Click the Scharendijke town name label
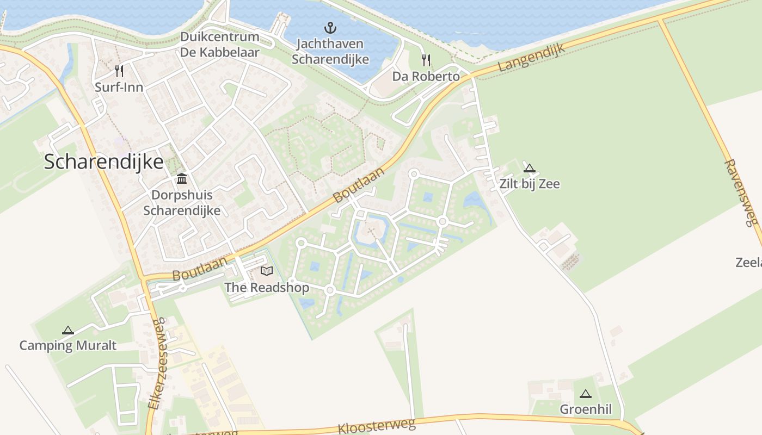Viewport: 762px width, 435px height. pyautogui.click(x=103, y=162)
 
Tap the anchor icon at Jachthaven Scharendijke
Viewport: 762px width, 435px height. pyautogui.click(x=330, y=28)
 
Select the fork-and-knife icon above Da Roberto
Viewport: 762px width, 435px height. pyautogui.click(x=426, y=60)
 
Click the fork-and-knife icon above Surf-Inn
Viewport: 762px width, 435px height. pyautogui.click(x=119, y=71)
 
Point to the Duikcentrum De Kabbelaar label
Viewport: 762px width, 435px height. pyautogui.click(x=220, y=45)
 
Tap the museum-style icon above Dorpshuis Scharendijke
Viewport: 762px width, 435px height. pyautogui.click(x=182, y=179)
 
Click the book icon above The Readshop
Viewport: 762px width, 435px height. pyautogui.click(x=267, y=271)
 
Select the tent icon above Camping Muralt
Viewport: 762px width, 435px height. pyautogui.click(x=67, y=330)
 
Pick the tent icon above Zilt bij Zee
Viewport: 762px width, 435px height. pyautogui.click(x=529, y=168)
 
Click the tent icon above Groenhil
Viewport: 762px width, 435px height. pyautogui.click(x=586, y=394)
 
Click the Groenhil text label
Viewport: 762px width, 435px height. pyautogui.click(x=586, y=409)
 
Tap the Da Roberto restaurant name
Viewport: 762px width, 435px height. pyautogui.click(x=426, y=76)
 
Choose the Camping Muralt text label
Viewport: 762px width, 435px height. pyautogui.click(x=67, y=345)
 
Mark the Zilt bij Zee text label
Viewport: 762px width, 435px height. pyautogui.click(x=529, y=184)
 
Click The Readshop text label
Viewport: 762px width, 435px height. pyautogui.click(x=267, y=287)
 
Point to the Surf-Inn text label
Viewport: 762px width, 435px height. pyautogui.click(x=119, y=87)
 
